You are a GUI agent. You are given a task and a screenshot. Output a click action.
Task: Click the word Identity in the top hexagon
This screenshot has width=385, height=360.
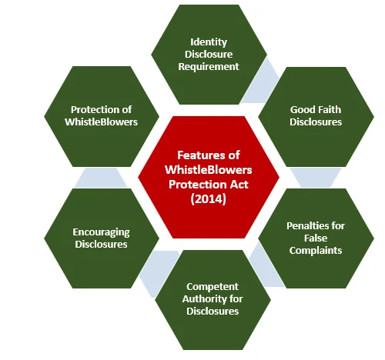209,42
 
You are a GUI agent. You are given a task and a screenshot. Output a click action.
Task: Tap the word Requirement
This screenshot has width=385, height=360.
209,66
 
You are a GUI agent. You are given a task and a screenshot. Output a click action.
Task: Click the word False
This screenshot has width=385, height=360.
316,238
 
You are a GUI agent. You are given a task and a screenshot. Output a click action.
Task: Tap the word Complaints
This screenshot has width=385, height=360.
316,251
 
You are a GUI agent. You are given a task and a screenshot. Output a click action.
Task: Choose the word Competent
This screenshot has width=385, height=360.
213,287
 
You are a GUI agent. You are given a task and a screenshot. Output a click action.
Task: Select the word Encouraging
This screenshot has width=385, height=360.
101,232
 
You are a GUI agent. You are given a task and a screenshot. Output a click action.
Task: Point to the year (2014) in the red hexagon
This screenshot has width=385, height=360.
209,199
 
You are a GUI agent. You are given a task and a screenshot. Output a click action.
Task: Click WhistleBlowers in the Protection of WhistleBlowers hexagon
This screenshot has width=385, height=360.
101,122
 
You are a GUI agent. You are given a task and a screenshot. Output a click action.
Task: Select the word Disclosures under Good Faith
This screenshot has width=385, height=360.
316,122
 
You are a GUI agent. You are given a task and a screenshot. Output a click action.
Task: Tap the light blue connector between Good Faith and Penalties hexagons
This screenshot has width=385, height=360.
316,178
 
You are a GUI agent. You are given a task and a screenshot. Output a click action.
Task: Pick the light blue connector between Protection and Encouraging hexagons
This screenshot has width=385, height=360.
101,178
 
